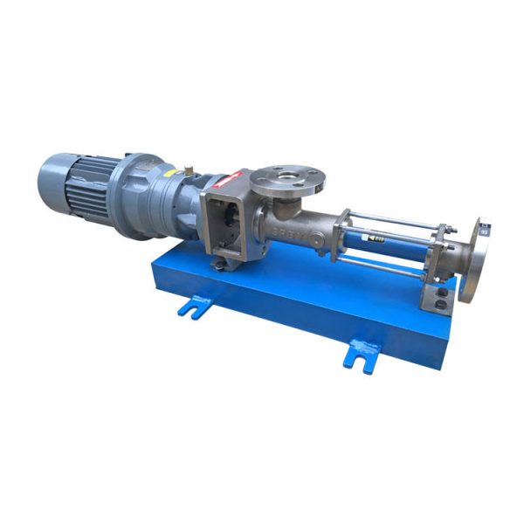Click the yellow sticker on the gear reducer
tap(177, 174)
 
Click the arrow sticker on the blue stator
tap(378, 237)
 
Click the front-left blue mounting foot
tap(194, 305)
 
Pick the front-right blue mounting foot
tap(362, 353)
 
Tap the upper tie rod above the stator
tap(393, 218)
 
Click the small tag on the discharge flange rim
tap(484, 230)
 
